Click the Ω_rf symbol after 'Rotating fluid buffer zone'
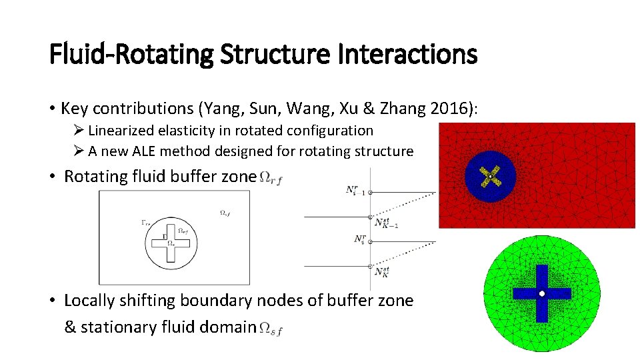[x=270, y=177]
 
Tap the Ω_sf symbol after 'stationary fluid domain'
[x=270, y=328]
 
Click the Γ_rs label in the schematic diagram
[x=146, y=223]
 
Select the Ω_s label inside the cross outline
[x=171, y=243]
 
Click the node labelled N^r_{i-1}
[x=355, y=191]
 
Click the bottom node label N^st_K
[x=381, y=272]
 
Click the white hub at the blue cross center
[x=542, y=294]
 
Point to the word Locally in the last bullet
[x=89, y=301]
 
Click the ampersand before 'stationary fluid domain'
[x=70, y=327]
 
